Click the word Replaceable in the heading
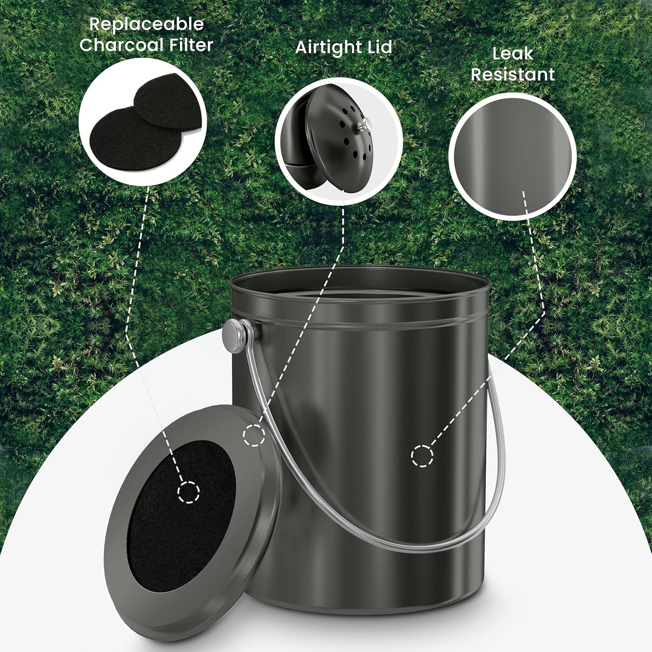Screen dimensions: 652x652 [146, 25]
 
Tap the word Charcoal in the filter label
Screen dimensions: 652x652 [121, 45]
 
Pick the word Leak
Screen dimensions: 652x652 [513, 54]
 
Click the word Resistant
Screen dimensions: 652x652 [513, 74]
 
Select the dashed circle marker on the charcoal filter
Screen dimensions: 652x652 [189, 492]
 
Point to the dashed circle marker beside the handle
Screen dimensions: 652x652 [254, 435]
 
